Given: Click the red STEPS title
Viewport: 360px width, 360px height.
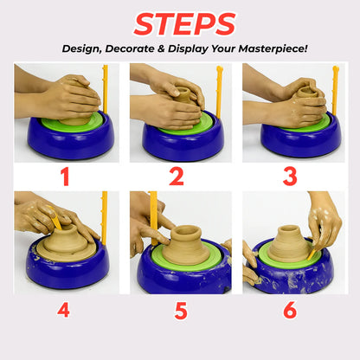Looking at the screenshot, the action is [184, 24].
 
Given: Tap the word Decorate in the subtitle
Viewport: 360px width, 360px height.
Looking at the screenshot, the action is [130, 48].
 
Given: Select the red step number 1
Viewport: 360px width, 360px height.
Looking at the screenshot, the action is [66, 177].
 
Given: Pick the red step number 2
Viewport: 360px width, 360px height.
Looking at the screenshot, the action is [177, 177].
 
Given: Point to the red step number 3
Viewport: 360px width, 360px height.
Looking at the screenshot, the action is [290, 177].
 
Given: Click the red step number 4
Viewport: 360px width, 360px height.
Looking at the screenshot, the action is [63, 310].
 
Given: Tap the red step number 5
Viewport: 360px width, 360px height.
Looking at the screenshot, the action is [181, 311].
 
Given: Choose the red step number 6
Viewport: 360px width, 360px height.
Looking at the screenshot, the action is [290, 310].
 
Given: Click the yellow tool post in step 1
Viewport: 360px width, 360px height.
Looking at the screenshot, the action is [106, 89].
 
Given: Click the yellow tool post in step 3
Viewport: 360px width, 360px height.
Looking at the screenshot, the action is [335, 90].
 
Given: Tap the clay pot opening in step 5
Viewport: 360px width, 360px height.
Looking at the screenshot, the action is [186, 230].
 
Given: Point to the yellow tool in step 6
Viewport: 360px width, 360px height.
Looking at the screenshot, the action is [312, 254].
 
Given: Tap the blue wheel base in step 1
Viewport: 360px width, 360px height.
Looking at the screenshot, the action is [71, 140].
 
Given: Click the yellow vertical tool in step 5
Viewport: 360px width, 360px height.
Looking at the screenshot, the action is [154, 218].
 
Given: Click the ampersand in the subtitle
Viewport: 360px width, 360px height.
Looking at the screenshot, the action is [161, 48].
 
